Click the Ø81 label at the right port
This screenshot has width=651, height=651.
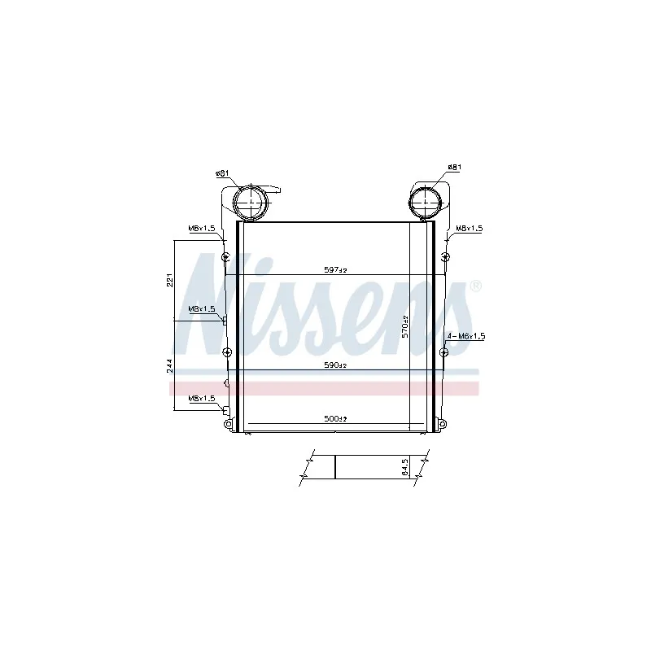click(x=454, y=168)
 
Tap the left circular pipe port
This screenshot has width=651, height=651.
click(x=250, y=201)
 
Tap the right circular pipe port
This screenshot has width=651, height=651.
click(x=424, y=201)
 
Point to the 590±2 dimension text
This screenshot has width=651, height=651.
click(x=335, y=365)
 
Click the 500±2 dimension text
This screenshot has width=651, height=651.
click(x=335, y=418)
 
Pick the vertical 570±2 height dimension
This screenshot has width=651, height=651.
click(x=404, y=327)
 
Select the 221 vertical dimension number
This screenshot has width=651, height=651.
click(x=169, y=279)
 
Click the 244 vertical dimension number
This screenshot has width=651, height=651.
click(x=169, y=367)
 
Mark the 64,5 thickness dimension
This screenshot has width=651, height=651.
click(x=405, y=468)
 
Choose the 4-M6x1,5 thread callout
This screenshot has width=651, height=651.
click(x=466, y=335)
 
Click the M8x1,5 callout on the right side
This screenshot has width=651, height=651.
click(x=470, y=229)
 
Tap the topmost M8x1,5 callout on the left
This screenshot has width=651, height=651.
click(x=202, y=229)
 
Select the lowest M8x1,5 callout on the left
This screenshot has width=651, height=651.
click(x=202, y=398)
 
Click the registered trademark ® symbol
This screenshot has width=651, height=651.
click(x=476, y=286)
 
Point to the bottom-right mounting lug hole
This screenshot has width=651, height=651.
click(x=441, y=422)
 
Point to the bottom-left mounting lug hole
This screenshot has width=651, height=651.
click(x=228, y=422)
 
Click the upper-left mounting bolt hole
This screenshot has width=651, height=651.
click(x=225, y=258)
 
